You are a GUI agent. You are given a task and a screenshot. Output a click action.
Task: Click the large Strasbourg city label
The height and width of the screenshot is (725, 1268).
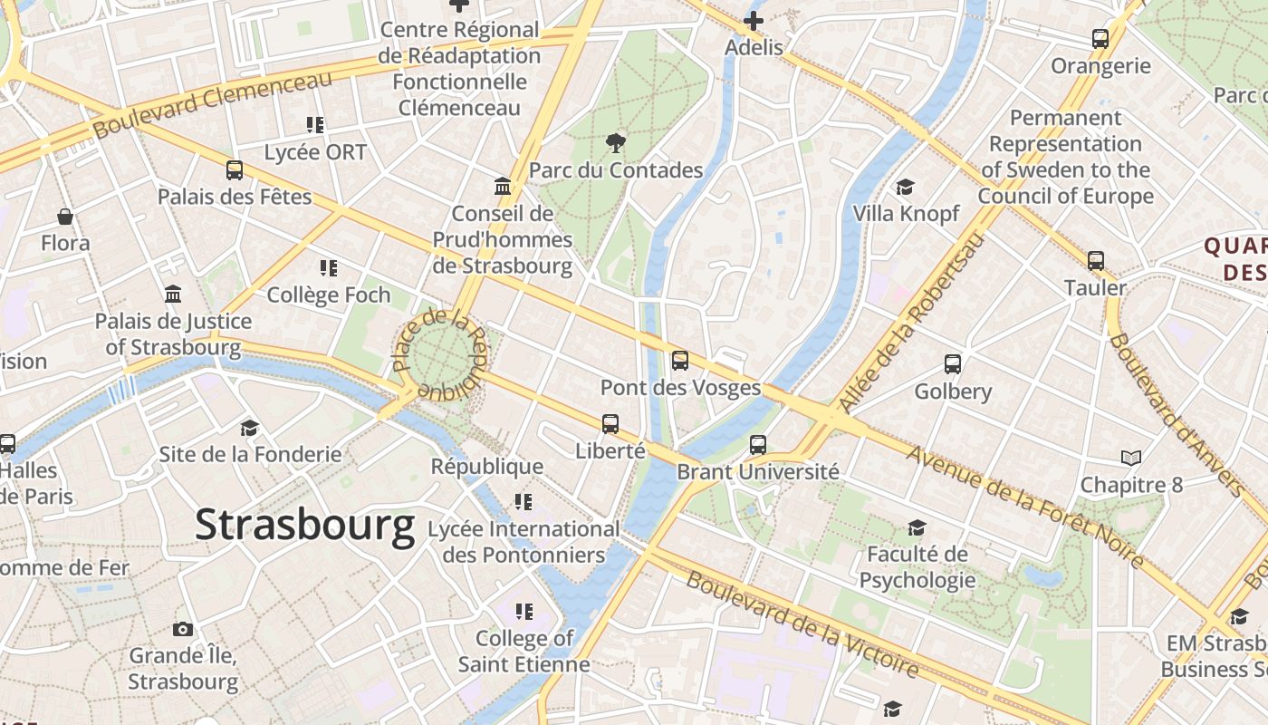tap(305, 525)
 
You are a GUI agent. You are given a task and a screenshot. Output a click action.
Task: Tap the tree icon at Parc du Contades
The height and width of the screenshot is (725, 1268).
tap(616, 142)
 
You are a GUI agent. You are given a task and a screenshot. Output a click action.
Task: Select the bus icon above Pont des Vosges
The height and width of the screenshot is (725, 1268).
tap(680, 361)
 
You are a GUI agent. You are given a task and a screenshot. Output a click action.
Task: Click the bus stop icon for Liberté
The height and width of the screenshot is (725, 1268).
tap(610, 423)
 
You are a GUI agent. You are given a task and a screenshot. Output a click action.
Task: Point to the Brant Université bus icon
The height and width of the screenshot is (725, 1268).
tap(758, 445)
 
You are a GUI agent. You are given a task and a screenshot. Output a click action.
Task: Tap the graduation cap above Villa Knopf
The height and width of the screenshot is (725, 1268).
tap(905, 188)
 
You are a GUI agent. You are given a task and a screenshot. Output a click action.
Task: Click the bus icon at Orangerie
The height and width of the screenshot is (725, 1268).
tap(1100, 39)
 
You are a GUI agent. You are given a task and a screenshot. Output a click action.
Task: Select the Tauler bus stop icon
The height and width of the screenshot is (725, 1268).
tap(1096, 261)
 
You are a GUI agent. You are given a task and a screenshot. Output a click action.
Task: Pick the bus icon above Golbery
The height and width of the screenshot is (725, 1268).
tap(953, 364)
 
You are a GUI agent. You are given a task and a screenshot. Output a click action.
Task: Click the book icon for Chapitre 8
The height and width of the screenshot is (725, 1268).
tap(1131, 458)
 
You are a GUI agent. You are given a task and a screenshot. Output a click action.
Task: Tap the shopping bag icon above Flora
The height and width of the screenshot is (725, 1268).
tap(65, 217)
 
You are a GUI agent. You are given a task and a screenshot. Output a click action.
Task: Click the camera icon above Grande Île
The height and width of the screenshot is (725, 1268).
tap(183, 629)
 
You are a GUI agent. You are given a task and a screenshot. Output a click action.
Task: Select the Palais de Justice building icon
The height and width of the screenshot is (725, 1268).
tap(173, 295)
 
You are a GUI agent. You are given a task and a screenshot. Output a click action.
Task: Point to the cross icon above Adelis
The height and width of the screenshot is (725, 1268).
tap(754, 20)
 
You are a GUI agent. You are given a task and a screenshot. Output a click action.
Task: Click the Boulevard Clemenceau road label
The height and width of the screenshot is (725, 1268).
tap(213, 104)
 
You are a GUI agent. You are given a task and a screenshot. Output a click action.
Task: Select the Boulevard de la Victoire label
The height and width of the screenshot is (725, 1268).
tap(802, 625)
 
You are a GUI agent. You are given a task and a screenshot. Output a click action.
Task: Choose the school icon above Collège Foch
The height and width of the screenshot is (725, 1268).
tap(329, 268)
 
